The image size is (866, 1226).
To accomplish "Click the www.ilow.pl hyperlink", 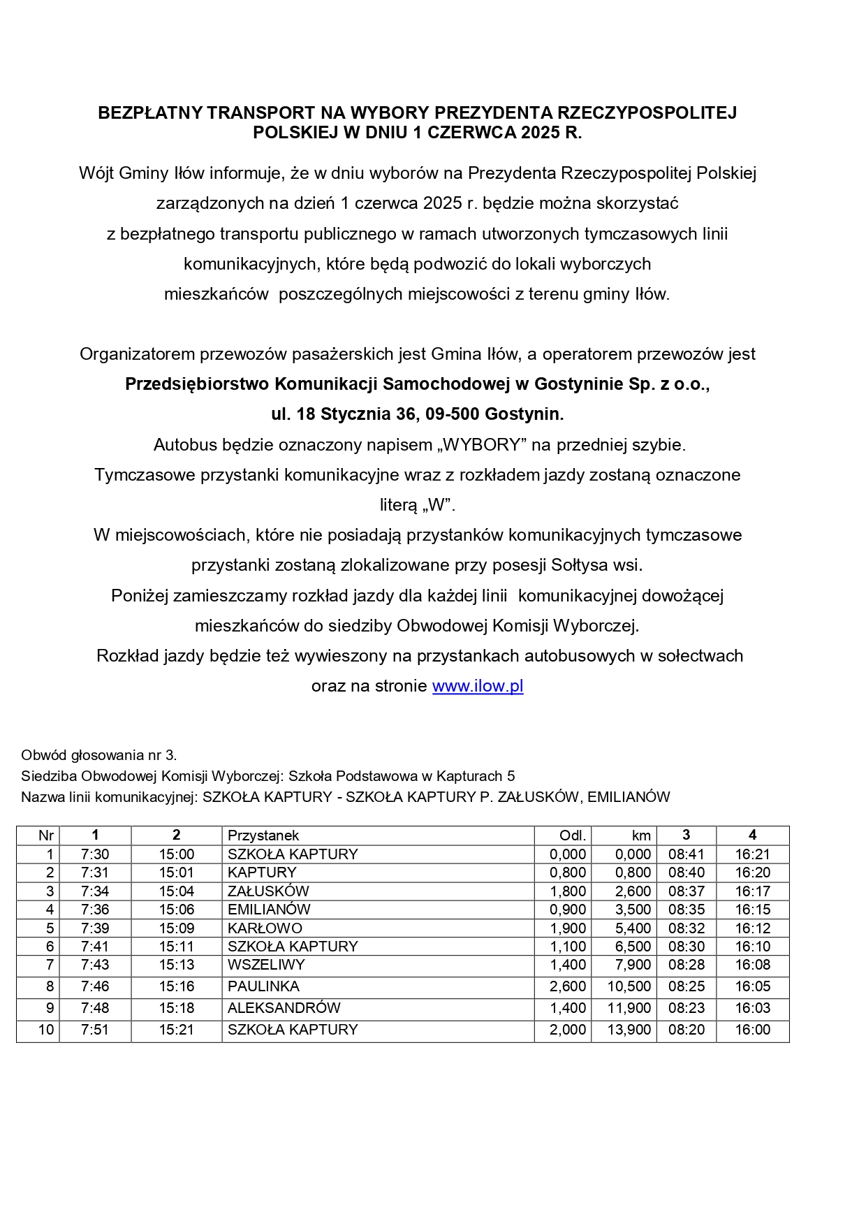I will pyautogui.click(x=478, y=686).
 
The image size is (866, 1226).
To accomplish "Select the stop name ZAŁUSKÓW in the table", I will pyautogui.click(x=268, y=891).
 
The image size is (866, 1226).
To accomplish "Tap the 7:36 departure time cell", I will pyautogui.click(x=95, y=910).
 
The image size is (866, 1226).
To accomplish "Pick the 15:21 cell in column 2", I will pyautogui.click(x=176, y=1030).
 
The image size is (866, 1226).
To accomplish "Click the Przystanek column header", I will pyautogui.click(x=263, y=835).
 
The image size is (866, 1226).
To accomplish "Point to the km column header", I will pyautogui.click(x=641, y=835).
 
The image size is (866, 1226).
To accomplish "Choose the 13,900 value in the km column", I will pyautogui.click(x=629, y=1030).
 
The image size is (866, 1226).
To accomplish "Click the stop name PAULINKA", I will pyautogui.click(x=263, y=986).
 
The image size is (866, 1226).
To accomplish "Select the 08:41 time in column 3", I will pyautogui.click(x=686, y=854).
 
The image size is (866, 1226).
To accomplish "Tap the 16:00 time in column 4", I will pyautogui.click(x=752, y=1030).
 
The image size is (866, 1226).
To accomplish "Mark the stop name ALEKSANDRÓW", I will pyautogui.click(x=284, y=1008).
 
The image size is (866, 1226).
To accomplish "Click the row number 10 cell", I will pyautogui.click(x=46, y=1030).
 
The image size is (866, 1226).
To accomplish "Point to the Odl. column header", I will pyautogui.click(x=573, y=835).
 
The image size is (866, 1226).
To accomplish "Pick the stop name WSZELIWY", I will pyautogui.click(x=266, y=965).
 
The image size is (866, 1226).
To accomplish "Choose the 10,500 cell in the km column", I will pyautogui.click(x=629, y=986).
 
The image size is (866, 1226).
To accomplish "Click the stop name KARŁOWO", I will pyautogui.click(x=265, y=928).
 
